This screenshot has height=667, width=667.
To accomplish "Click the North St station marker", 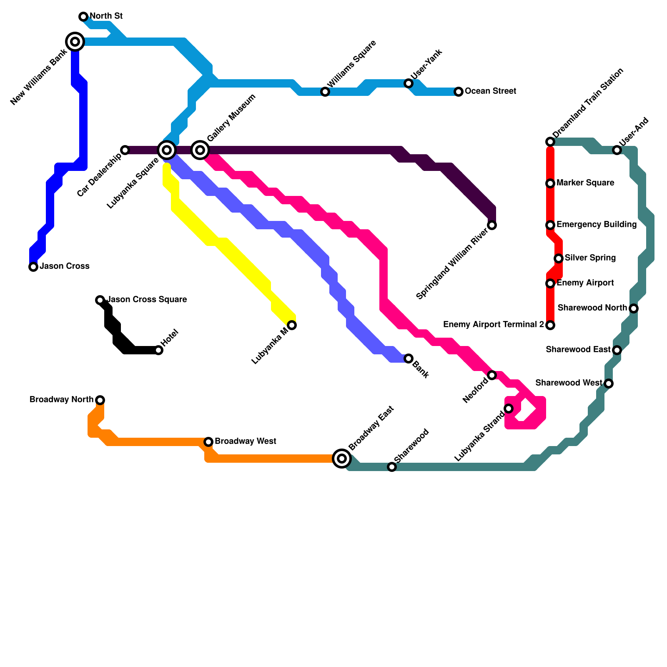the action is (83, 17).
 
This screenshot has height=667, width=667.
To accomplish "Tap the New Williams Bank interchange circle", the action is (75, 42).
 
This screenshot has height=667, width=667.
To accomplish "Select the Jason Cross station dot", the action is (33, 267).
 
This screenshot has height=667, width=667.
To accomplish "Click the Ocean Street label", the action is (490, 91).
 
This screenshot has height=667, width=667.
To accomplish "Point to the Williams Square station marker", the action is (325, 92).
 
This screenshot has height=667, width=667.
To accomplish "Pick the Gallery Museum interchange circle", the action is (200, 150).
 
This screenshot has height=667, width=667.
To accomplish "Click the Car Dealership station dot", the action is (125, 150).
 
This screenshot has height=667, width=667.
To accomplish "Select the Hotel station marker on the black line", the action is (158, 350).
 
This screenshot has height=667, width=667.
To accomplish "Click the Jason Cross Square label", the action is (147, 300).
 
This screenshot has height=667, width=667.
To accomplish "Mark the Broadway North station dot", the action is (100, 400).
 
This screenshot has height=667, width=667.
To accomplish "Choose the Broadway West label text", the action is (245, 441).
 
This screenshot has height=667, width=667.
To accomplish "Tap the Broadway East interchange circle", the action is (342, 459).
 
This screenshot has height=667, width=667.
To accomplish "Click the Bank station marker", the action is (409, 359).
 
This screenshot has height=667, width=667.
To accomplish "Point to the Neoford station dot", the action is (492, 375).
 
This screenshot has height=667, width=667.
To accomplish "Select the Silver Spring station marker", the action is (559, 258).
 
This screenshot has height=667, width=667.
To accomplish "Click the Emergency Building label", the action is (596, 225).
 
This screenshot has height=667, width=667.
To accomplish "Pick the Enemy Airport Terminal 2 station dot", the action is (550, 325).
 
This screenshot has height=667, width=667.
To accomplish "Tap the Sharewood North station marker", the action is (634, 308).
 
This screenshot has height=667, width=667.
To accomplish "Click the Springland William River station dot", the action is (492, 225).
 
